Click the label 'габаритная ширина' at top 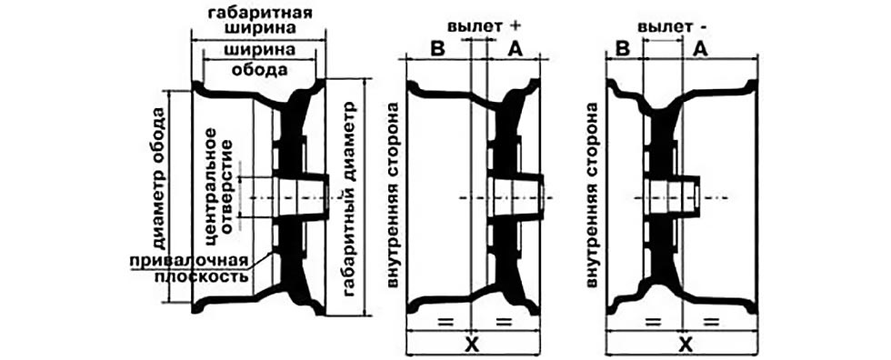pyautogui.click(x=260, y=23)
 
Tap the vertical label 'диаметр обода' pyautogui.click(x=160, y=182)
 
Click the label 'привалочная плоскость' pyautogui.click(x=195, y=267)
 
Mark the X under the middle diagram pyautogui.click(x=471, y=345)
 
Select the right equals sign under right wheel pyautogui.click(x=712, y=322)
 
